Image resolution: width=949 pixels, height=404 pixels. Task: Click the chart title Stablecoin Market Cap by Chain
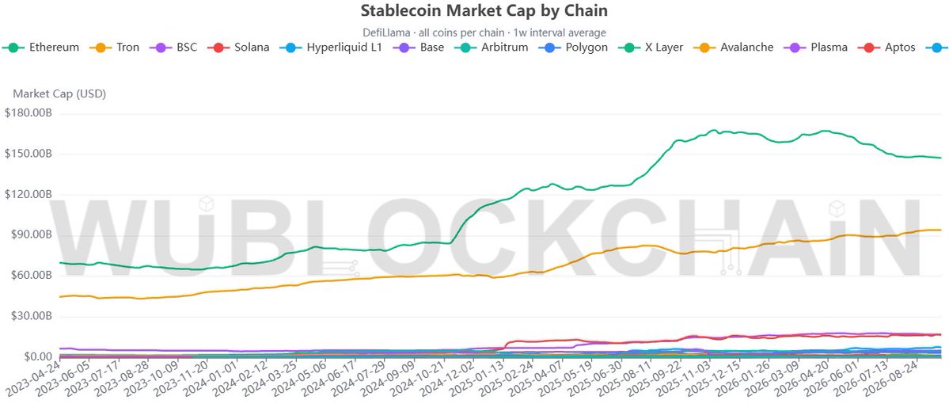[484, 10]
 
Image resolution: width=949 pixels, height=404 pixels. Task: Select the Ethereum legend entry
[41, 48]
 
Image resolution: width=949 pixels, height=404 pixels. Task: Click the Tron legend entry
[115, 48]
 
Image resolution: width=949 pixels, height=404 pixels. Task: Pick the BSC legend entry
[173, 48]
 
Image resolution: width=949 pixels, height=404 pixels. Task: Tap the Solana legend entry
[238, 48]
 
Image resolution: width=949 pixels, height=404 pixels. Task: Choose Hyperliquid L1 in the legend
[331, 48]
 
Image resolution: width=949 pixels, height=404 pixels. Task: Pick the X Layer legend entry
[651, 48]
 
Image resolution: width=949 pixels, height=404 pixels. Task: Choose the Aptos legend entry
[886, 48]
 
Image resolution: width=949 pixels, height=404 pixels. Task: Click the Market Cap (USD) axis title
[59, 94]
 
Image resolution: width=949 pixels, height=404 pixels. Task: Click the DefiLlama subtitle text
[484, 32]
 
